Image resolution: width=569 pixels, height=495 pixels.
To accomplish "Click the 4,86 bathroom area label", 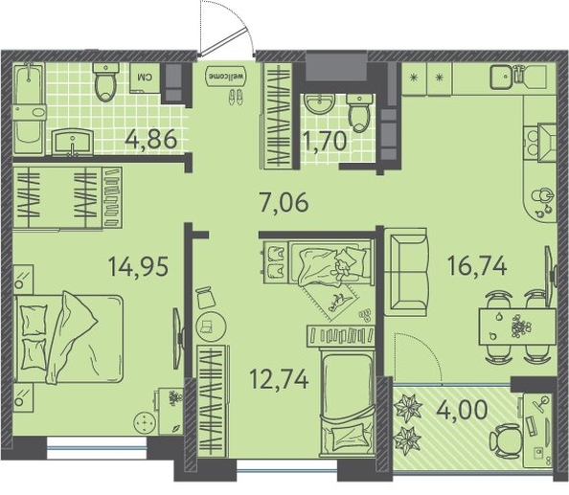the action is click(x=150, y=139).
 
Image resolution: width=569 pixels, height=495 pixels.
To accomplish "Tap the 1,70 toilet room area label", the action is click(x=325, y=141).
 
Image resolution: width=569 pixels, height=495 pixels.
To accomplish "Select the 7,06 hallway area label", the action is click(x=284, y=202).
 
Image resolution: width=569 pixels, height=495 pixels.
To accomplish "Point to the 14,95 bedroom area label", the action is click(x=138, y=266).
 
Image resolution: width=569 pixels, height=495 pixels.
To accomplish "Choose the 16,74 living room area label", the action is click(x=477, y=266).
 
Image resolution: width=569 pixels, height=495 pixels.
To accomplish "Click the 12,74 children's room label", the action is click(x=280, y=379).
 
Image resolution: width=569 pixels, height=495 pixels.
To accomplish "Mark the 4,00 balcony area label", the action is click(x=462, y=410).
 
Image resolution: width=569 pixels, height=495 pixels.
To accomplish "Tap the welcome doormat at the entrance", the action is click(x=226, y=77).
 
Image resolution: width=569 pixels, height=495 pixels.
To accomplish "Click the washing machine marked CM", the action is click(x=145, y=78).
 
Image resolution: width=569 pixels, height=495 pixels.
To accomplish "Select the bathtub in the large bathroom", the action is click(x=29, y=109).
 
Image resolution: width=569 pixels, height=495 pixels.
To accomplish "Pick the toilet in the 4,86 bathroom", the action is click(x=106, y=82).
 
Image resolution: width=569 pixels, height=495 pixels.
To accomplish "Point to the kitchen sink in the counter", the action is click(x=502, y=77).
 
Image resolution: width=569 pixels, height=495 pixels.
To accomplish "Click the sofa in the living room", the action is click(x=406, y=272).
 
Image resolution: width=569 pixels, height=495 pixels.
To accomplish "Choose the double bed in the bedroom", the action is click(x=69, y=338).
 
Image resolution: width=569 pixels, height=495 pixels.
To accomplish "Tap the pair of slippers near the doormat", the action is click(x=235, y=98).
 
